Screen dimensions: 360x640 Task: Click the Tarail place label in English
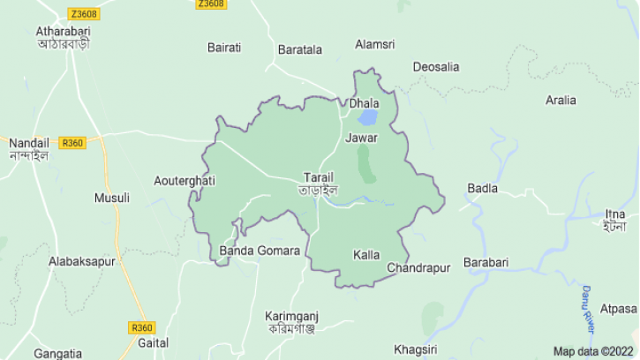[x=319, y=176]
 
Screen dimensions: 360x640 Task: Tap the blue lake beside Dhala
[x=367, y=117]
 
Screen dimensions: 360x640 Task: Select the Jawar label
[x=362, y=139]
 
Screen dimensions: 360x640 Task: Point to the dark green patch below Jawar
[x=365, y=163]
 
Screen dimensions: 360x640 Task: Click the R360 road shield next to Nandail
[x=72, y=143]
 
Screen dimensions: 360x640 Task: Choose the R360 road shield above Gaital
[x=142, y=327]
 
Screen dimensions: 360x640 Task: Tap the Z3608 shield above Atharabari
[x=84, y=14]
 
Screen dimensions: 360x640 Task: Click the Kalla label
[x=366, y=255]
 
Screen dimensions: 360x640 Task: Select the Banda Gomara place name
[x=260, y=251]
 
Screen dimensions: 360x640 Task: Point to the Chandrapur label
[x=418, y=267]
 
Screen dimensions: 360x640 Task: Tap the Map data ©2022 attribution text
[x=593, y=351]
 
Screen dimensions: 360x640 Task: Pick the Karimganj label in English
[x=291, y=316]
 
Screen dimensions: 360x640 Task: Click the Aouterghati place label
[x=184, y=181]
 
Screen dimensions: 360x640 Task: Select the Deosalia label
[x=436, y=67]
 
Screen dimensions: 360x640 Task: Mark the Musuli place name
[x=112, y=198]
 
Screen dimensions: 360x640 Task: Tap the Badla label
[x=483, y=188]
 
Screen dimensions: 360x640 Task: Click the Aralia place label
[x=561, y=100]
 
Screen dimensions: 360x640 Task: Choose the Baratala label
[x=300, y=49]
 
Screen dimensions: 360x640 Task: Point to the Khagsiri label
[x=416, y=349]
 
